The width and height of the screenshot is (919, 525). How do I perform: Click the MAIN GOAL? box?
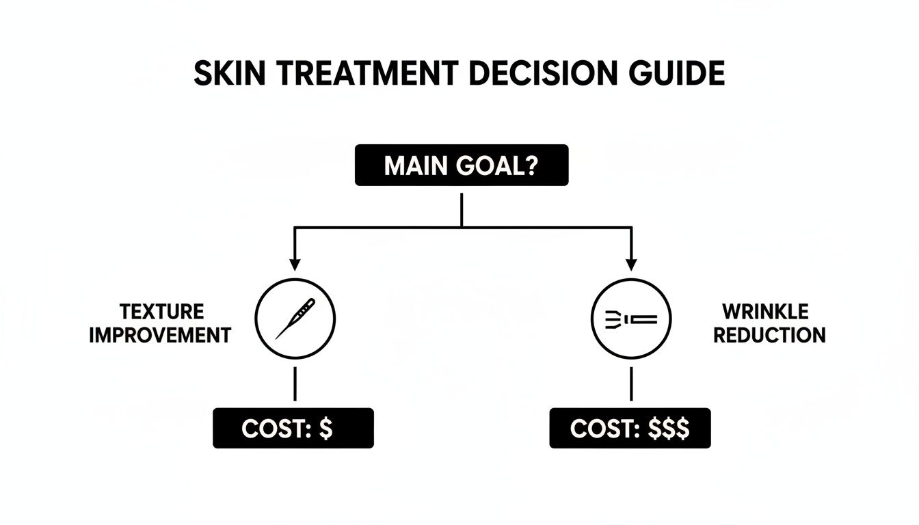pos(462,165)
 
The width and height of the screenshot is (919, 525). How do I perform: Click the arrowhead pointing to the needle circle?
pos(295,263)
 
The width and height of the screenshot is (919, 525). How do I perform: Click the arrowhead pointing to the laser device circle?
pos(630,263)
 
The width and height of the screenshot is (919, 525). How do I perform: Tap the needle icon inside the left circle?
pos(295,319)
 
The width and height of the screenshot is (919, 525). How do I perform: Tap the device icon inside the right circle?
pos(631,319)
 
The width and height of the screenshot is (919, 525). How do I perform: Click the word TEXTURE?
pos(161,312)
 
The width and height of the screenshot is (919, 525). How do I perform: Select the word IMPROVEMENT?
pos(160,335)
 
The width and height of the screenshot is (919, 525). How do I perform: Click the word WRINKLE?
pos(766,312)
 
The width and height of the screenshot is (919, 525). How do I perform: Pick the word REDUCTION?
pos(769,335)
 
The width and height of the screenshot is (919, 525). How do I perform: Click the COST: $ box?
pos(293,429)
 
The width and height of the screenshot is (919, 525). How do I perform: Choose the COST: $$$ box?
pos(630,429)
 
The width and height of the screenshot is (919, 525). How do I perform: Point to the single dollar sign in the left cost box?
pos(326,429)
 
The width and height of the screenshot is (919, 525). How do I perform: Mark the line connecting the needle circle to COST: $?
pos(295,384)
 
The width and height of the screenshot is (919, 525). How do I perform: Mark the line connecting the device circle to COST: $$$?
pos(630,384)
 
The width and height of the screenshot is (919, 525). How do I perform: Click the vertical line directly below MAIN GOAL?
pos(462,208)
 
